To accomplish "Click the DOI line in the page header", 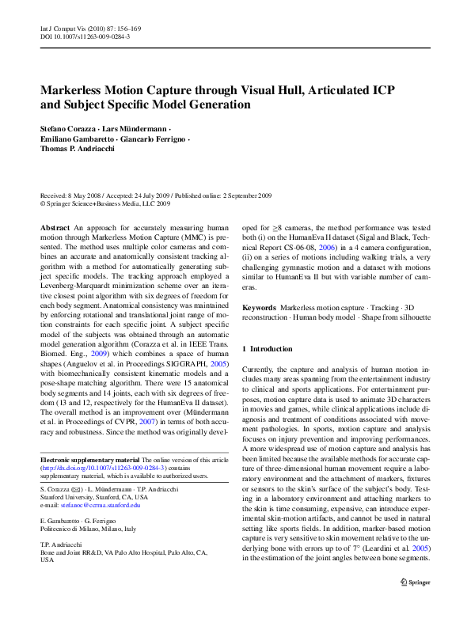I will [85, 37].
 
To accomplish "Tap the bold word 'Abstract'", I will [55, 227].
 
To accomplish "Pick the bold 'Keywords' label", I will [259, 306].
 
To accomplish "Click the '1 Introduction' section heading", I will [268, 349].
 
